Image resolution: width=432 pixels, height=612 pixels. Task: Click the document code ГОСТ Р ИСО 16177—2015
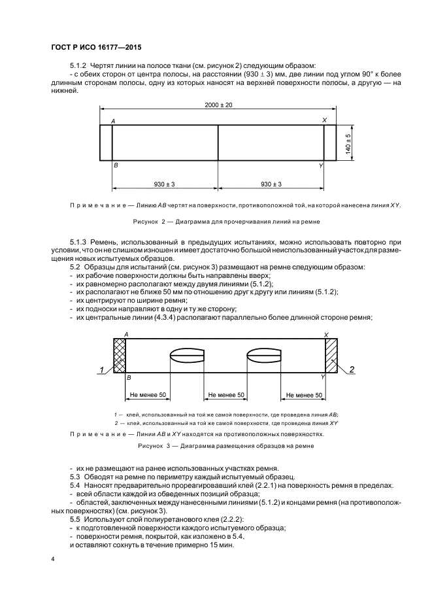(x=96, y=47)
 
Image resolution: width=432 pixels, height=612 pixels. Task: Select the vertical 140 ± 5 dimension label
(x=348, y=143)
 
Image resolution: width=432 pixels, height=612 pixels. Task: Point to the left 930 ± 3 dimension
(x=165, y=184)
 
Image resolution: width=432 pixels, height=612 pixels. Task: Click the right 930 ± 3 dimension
(x=271, y=184)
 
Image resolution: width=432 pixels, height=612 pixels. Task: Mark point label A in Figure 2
(x=114, y=122)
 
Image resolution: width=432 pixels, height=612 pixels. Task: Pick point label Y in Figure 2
(x=321, y=167)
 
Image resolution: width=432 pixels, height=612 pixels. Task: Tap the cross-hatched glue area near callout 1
(x=119, y=356)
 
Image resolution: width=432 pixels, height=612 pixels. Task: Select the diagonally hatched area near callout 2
(x=331, y=356)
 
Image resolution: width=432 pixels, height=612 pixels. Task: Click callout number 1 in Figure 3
(x=102, y=371)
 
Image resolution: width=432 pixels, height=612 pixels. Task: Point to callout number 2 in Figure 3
(x=352, y=370)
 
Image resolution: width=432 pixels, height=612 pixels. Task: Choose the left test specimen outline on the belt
(x=187, y=356)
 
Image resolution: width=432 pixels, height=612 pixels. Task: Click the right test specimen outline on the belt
(x=264, y=356)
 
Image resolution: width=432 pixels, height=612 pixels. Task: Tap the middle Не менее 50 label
(x=225, y=396)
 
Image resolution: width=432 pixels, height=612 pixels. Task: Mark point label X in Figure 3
(x=325, y=334)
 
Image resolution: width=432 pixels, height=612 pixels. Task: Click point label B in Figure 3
(x=128, y=378)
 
